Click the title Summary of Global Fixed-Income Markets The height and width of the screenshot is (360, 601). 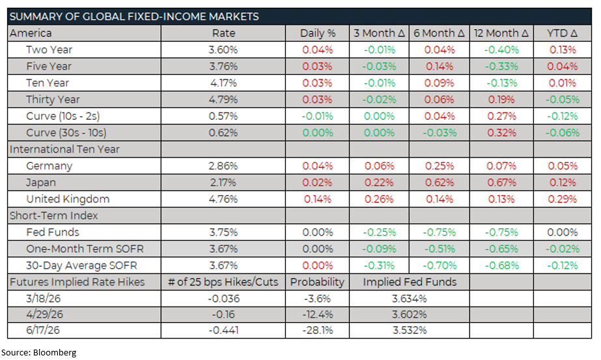click(133, 16)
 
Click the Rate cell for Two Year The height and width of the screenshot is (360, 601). click(223, 49)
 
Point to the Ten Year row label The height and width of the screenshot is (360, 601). click(48, 83)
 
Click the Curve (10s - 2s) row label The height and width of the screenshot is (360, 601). click(63, 116)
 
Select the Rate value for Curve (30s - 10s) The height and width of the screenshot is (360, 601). click(223, 133)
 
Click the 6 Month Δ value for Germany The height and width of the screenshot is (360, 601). click(440, 166)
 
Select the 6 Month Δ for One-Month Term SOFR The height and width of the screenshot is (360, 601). click(440, 249)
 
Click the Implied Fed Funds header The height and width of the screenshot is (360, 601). click(410, 282)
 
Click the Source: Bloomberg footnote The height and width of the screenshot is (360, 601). click(43, 352)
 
